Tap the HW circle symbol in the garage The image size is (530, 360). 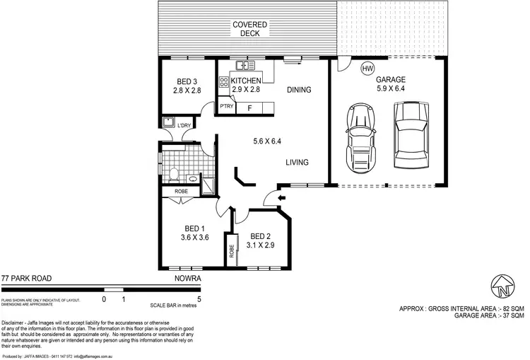click(x=367, y=69)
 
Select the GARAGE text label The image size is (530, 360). click(x=391, y=80)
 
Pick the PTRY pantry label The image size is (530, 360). click(x=226, y=107)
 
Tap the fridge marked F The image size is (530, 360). click(x=249, y=108)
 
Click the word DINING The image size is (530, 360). click(x=300, y=91)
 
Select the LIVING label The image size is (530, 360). click(x=298, y=163)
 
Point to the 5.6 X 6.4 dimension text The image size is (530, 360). click(x=266, y=141)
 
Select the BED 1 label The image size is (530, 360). click(x=195, y=228)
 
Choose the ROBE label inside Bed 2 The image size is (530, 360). click(x=231, y=251)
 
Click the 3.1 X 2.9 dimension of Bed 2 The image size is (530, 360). click(x=261, y=245)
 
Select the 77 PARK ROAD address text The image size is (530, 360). click(x=25, y=279)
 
